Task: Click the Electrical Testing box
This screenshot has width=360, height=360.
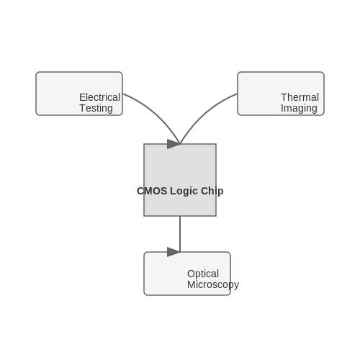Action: coord(79,94)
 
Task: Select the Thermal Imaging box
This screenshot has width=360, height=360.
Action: coord(281,94)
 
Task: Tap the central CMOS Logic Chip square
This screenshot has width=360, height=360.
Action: coord(180,180)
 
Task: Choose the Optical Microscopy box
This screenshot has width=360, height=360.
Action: coord(187,274)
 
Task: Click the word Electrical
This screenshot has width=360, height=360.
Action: coord(99,97)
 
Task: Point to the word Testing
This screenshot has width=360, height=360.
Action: coord(96,108)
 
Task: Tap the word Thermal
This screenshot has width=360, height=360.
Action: coord(300,97)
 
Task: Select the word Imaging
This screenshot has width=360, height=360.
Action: coord(299,108)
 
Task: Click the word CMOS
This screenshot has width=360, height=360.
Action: coord(152,191)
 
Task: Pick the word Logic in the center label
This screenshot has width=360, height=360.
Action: coord(184,192)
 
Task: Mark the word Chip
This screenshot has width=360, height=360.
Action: coord(212,192)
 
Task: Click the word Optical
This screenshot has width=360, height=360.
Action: coord(203,274)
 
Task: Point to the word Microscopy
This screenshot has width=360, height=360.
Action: coord(213,285)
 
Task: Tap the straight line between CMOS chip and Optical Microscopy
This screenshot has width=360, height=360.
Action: coord(180,234)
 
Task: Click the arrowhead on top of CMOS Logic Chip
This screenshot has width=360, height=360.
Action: coord(174,144)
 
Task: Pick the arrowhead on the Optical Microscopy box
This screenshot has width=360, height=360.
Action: coord(174,252)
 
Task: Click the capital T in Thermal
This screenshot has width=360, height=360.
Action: coord(284,97)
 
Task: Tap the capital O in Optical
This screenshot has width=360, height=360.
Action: coord(191,274)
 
